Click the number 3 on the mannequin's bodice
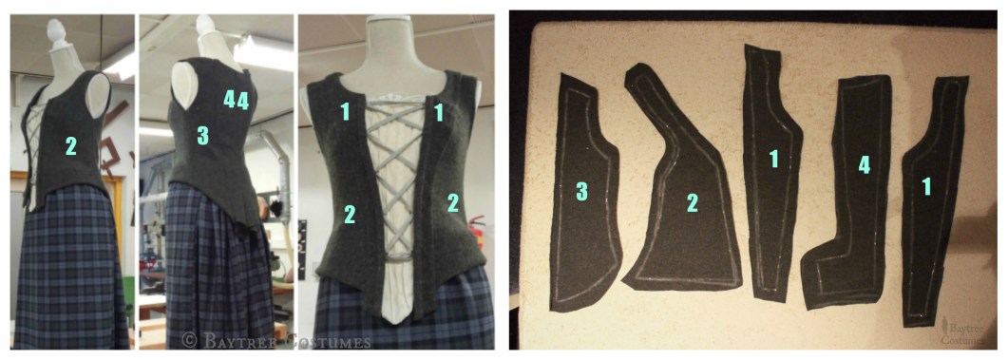tap(202, 136)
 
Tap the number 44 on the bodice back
tap(236, 101)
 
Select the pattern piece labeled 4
tap(848, 193)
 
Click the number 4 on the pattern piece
tap(865, 165)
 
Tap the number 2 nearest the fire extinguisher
tap(452, 203)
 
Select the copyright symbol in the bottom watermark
tap(190, 338)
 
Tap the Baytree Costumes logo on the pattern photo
tap(961, 332)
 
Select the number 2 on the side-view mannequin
tap(70, 147)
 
